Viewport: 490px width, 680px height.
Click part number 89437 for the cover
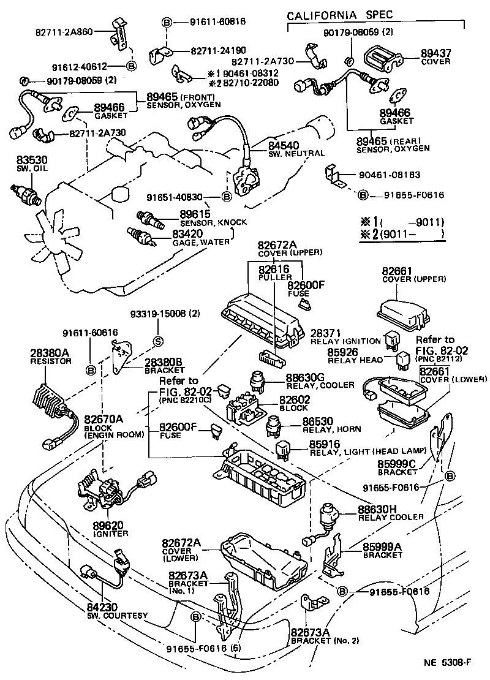pyautogui.click(x=435, y=53)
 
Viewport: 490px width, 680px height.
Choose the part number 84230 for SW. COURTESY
pyautogui.click(x=103, y=607)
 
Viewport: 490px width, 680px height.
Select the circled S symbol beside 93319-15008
pyautogui.click(x=157, y=341)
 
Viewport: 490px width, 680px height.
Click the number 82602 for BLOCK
pyautogui.click(x=295, y=399)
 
